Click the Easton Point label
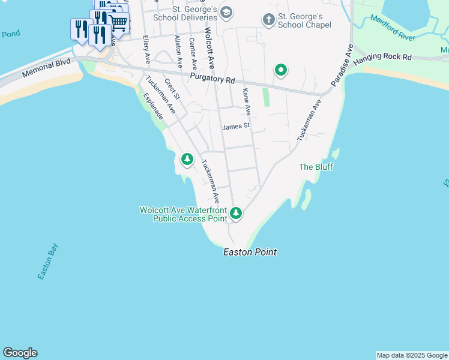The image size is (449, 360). [x=250, y=253]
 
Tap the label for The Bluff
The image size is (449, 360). [x=316, y=167]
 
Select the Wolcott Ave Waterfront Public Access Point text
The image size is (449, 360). [x=183, y=214]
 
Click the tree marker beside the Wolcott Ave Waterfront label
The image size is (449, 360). [x=236, y=212]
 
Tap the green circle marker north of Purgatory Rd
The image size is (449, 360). [x=280, y=70]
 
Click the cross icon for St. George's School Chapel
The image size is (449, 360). [x=268, y=20]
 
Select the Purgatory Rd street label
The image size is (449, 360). [x=212, y=79]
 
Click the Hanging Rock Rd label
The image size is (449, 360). [x=382, y=58]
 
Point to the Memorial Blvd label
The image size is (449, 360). [x=46, y=68]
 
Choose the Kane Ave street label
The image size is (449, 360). [x=246, y=102]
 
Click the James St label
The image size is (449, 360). [x=235, y=127]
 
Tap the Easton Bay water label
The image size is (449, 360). [x=47, y=261]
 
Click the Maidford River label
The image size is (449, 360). [x=393, y=28]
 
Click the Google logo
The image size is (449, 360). [x=20, y=353]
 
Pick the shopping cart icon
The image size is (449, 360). [x=119, y=23]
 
